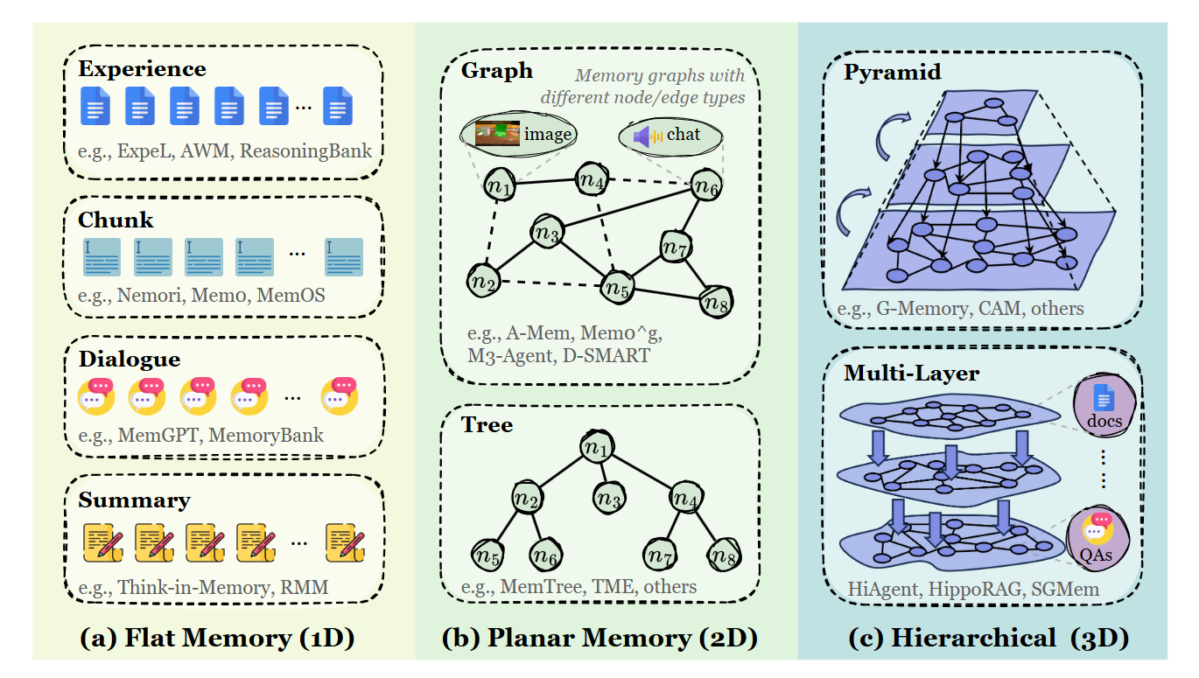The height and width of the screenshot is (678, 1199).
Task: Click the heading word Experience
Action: point(142,70)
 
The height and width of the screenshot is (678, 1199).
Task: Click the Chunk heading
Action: point(116,220)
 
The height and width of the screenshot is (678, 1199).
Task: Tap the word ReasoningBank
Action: point(305,151)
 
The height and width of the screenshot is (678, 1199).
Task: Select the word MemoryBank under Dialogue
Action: point(266,436)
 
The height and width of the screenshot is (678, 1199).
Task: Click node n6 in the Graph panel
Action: point(706,185)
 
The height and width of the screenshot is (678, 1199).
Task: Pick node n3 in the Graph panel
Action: point(547,232)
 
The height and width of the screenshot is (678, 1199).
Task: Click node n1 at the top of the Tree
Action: point(597,446)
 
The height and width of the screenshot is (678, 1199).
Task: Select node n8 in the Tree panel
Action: point(725,556)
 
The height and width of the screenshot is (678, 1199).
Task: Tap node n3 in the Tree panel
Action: point(609,498)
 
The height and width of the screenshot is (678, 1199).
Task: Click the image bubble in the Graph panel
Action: point(518,134)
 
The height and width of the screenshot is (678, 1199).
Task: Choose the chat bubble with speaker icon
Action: point(670,136)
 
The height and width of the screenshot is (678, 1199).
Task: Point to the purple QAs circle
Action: point(1097,538)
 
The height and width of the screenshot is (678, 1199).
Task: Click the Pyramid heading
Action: point(893,72)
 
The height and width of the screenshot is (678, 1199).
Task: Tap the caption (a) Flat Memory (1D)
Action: point(217,638)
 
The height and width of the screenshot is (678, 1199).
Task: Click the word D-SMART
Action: point(607,355)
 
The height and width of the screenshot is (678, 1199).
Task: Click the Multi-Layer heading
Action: point(912,373)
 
